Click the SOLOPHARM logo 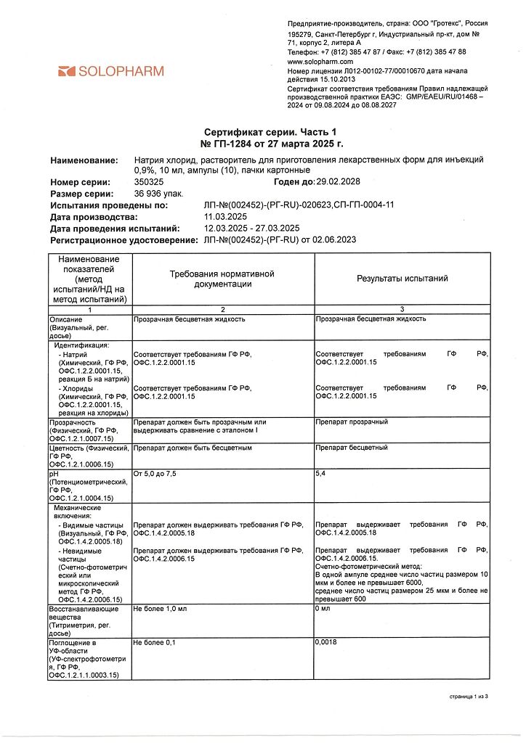[110, 71]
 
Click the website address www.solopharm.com [320, 62]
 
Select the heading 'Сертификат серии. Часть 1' [271, 133]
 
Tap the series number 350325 [150, 182]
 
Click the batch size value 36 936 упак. [158, 194]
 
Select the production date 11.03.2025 [226, 217]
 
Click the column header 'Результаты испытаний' [402, 279]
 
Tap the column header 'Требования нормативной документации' [222, 279]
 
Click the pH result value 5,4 [321, 473]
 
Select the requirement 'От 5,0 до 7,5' [155, 473]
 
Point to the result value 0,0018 [326, 642]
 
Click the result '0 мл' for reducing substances [324, 608]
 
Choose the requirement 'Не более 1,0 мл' [160, 608]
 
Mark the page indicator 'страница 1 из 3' [467, 697]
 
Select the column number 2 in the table [222, 310]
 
